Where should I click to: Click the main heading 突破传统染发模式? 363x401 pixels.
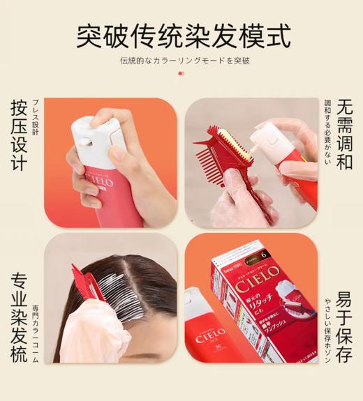pos(183,35)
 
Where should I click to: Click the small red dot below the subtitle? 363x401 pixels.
pos(181,73)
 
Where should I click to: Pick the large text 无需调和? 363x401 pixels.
pos(344,134)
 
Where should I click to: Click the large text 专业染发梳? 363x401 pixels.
pos(19,317)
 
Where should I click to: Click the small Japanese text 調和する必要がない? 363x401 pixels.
pos(327,133)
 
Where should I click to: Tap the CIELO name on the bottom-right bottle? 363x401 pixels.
pos(207,331)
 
